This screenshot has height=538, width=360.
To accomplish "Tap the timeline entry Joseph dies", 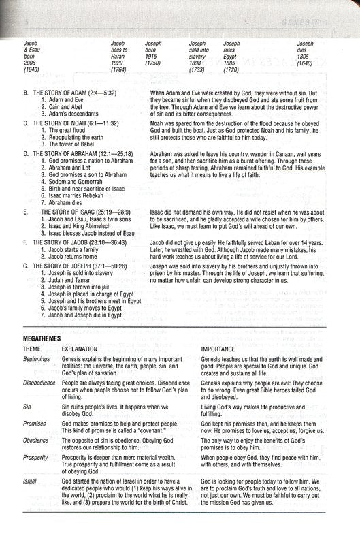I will click(306, 50).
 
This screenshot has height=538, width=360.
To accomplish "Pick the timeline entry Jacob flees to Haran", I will click(121, 50).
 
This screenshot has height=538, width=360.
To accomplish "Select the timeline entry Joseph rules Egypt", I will click(232, 50).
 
